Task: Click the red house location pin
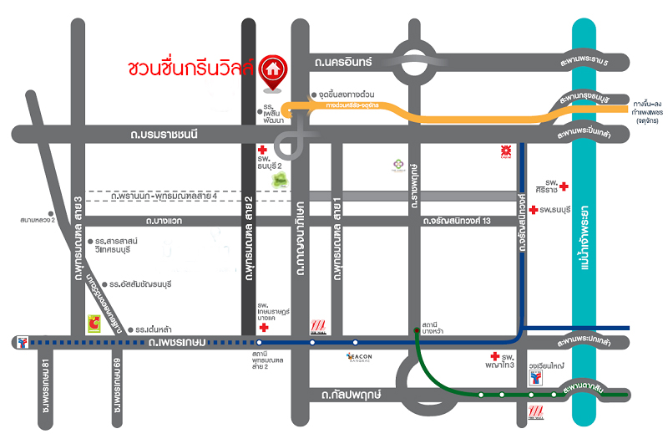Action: [271, 69]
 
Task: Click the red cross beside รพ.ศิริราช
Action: [564, 186]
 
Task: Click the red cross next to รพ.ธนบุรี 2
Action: [261, 149]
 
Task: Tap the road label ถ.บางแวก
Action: [163, 222]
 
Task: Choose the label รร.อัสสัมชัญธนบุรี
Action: [140, 285]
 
